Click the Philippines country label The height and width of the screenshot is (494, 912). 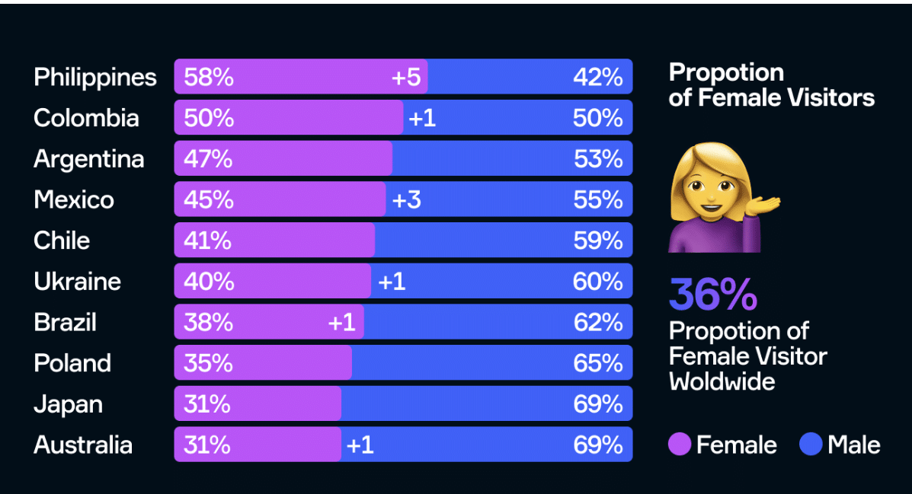[95, 77]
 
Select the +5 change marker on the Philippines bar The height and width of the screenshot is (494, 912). [406, 77]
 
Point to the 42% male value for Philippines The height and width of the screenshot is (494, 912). [598, 77]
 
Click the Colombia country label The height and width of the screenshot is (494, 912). [86, 118]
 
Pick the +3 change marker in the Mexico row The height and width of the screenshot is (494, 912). [406, 199]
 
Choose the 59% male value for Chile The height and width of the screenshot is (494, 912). [598, 241]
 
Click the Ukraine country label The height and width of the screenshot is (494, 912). [77, 282]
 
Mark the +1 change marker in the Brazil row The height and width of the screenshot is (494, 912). [342, 323]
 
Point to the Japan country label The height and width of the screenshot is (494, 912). [68, 404]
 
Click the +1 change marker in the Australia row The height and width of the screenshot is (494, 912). [360, 445]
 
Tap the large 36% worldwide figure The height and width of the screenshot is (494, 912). [713, 295]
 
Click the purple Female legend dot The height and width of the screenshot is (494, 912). [680, 445]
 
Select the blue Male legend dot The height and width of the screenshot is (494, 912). [811, 445]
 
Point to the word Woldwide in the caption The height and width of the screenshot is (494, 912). [722, 381]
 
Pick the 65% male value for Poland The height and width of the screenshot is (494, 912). [598, 363]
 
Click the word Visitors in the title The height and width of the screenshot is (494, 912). [827, 97]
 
